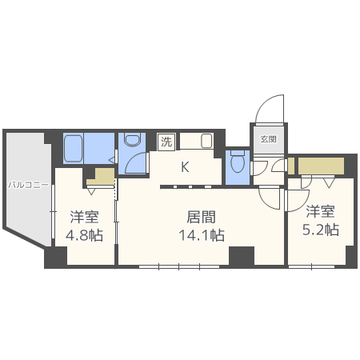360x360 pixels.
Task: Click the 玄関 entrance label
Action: pos(267,138)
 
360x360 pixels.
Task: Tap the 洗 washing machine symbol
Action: pos(166,142)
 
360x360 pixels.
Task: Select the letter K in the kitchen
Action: pos(184,167)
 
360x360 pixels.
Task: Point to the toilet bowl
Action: pos(237,162)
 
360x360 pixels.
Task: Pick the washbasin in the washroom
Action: pos(131,142)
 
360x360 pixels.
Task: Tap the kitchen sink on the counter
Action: pos(206,142)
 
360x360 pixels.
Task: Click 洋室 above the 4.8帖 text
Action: pos(84,216)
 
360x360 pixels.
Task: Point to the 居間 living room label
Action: pos(201,216)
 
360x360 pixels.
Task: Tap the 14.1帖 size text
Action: pos(202,235)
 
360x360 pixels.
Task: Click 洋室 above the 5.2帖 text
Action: pos(321,211)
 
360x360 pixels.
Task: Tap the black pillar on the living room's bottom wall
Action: pos(241,256)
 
